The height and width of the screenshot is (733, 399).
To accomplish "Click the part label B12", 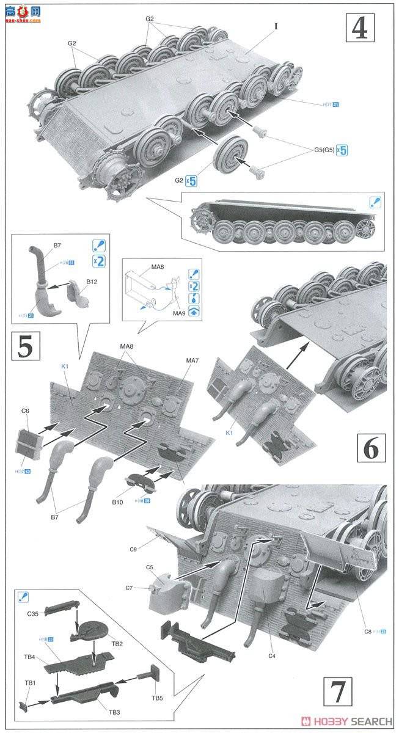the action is [92, 282].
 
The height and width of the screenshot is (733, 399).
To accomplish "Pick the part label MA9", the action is [178, 313].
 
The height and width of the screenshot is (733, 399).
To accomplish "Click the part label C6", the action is [24, 411].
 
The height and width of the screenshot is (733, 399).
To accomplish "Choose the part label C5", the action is [149, 567].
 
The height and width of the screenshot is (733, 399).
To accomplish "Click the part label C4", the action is [272, 657].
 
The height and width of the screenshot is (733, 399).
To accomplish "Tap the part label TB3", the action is [114, 712].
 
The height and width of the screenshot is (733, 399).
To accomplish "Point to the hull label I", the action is [276, 26].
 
